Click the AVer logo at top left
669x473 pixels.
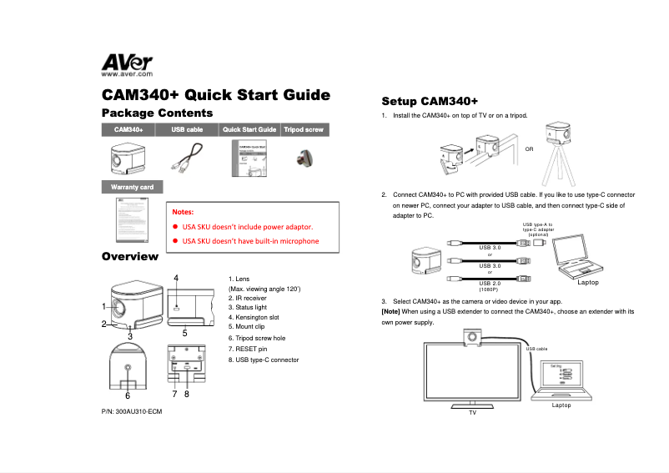pos(127,64)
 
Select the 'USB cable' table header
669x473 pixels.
pos(187,130)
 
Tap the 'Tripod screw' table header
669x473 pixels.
pos(304,130)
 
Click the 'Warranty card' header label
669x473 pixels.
pos(132,187)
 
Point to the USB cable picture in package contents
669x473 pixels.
pos(189,157)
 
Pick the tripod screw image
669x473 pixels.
pos(304,158)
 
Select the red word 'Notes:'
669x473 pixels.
pos(183,212)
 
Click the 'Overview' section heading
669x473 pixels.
pos(129,255)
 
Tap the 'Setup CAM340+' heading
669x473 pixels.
pos(429,101)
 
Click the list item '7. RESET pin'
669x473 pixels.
pos(248,349)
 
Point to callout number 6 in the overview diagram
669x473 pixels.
pos(128,395)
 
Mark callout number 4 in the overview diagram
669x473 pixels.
pos(176,277)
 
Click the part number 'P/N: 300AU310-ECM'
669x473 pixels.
pos(131,412)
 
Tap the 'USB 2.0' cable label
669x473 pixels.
pos(490,284)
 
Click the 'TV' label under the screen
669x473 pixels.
pos(472,412)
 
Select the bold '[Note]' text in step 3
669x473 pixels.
pos(391,311)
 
